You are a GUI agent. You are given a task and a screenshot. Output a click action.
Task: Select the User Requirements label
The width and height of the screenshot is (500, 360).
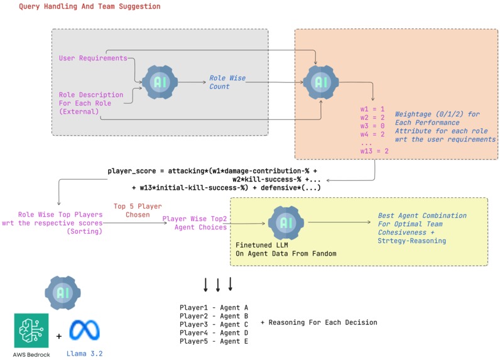coord(93,58)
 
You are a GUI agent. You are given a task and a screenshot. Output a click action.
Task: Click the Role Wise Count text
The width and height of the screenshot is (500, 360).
coord(227,82)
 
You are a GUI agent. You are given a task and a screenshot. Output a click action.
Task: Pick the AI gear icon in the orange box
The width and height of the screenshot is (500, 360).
coord(322,82)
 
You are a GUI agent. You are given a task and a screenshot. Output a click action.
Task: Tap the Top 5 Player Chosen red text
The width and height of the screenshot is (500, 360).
coord(137,210)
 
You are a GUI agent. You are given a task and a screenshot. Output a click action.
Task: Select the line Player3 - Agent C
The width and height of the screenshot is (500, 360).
coord(214,324)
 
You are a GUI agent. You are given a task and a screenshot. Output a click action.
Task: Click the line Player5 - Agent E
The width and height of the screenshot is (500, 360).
coord(214,341)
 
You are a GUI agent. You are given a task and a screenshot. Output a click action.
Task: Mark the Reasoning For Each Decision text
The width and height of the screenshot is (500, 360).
coord(318,322)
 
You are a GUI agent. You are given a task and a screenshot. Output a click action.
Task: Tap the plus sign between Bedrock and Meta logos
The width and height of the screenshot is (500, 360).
coord(58,336)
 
